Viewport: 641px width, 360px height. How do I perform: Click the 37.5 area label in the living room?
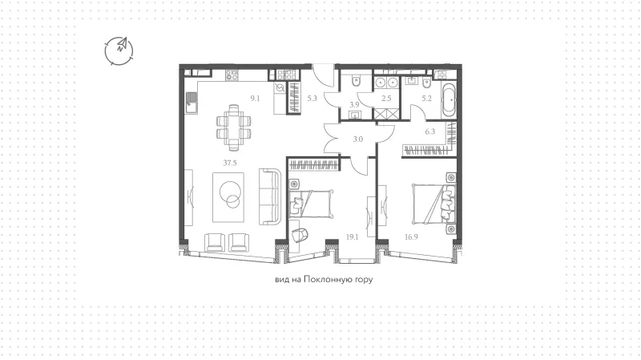click(x=230, y=163)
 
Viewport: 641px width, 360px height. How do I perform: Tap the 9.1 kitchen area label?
click(x=255, y=98)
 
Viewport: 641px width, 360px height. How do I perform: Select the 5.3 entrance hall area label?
click(x=312, y=98)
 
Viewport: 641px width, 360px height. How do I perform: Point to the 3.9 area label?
click(x=354, y=105)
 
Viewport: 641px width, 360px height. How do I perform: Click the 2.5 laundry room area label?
click(x=386, y=98)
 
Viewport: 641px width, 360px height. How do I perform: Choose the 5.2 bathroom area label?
click(x=427, y=98)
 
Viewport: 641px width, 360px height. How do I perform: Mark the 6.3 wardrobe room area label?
click(x=430, y=131)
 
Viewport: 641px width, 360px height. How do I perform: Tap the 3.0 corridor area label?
click(x=357, y=139)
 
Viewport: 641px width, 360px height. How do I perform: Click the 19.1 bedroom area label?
click(x=352, y=237)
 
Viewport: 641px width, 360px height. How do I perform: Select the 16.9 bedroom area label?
click(x=411, y=237)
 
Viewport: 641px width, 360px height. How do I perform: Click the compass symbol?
click(x=119, y=51)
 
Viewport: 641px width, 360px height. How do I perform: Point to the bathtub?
click(x=449, y=101)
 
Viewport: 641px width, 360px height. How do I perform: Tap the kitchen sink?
click(x=191, y=103)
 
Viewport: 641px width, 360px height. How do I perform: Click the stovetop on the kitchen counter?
click(x=232, y=75)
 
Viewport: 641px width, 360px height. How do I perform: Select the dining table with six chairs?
click(x=233, y=127)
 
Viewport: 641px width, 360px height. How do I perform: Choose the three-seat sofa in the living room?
click(x=270, y=196)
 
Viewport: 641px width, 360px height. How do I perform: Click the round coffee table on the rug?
click(x=230, y=193)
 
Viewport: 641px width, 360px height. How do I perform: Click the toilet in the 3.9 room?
click(x=356, y=81)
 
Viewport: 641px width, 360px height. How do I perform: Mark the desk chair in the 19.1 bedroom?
click(x=300, y=235)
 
